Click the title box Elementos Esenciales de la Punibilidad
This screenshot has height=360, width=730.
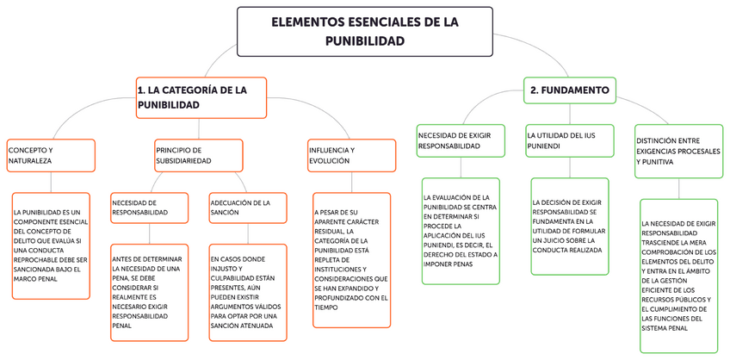pos(365,31)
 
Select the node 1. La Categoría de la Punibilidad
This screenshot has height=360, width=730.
pos(201,97)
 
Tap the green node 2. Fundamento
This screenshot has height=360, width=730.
pos(570,90)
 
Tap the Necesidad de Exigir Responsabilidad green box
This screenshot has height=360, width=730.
pos(461,140)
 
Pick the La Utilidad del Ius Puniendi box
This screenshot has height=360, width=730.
pos(570,140)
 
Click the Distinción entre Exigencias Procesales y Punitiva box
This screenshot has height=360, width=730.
pos(679,151)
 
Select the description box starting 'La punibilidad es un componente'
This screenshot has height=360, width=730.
pos(51,245)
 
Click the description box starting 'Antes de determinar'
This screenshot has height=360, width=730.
pos(150,291)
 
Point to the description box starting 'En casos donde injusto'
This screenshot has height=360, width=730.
pos(248,291)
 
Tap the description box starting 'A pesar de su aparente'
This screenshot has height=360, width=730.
pos(351,259)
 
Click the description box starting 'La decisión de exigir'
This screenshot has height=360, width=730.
pos(570,226)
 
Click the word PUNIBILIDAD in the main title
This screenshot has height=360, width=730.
pos(365,40)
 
